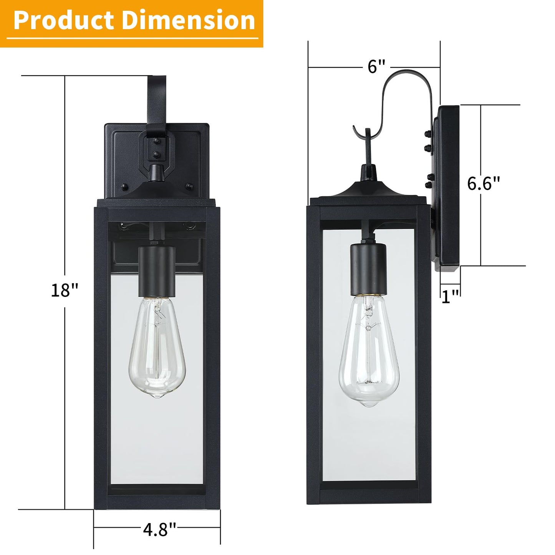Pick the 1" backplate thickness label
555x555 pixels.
click(450, 296)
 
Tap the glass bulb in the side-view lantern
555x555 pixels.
click(369, 346)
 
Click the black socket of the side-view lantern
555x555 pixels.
click(368, 269)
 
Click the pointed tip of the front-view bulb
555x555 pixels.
click(157, 396)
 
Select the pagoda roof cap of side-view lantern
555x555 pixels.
click(368, 190)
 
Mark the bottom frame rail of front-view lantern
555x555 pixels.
click(157, 501)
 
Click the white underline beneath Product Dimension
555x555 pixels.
click(132, 38)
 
